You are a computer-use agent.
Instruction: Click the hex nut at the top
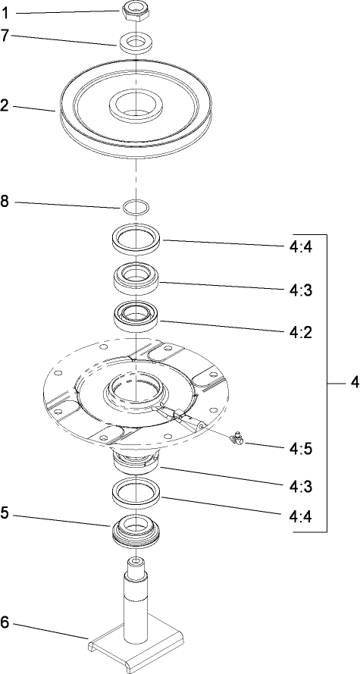134,11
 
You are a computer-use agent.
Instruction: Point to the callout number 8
6,202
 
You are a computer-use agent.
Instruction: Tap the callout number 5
6,513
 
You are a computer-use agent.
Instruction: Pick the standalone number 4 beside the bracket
353,384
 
